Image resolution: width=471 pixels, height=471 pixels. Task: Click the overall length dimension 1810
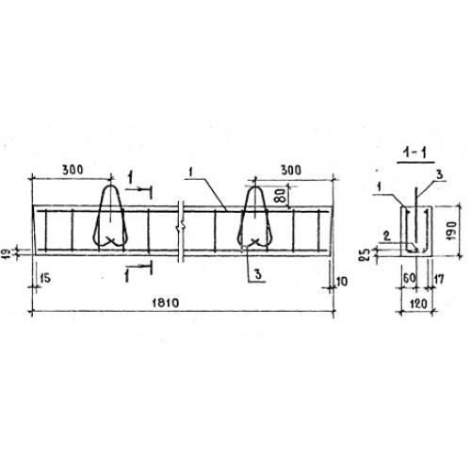coord(166,303)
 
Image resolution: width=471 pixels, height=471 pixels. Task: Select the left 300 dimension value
coord(73,170)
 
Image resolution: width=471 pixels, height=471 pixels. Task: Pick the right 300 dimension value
coord(291,171)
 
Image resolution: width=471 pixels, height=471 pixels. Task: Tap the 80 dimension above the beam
coord(282,195)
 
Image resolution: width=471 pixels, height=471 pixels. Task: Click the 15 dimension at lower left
coord(45,278)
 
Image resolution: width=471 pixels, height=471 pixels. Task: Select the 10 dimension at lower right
coord(342,282)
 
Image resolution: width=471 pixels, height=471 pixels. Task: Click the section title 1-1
coord(415,154)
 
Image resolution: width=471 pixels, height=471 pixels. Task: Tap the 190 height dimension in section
coord(451,231)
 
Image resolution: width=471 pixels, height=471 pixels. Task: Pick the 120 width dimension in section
coord(418,303)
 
